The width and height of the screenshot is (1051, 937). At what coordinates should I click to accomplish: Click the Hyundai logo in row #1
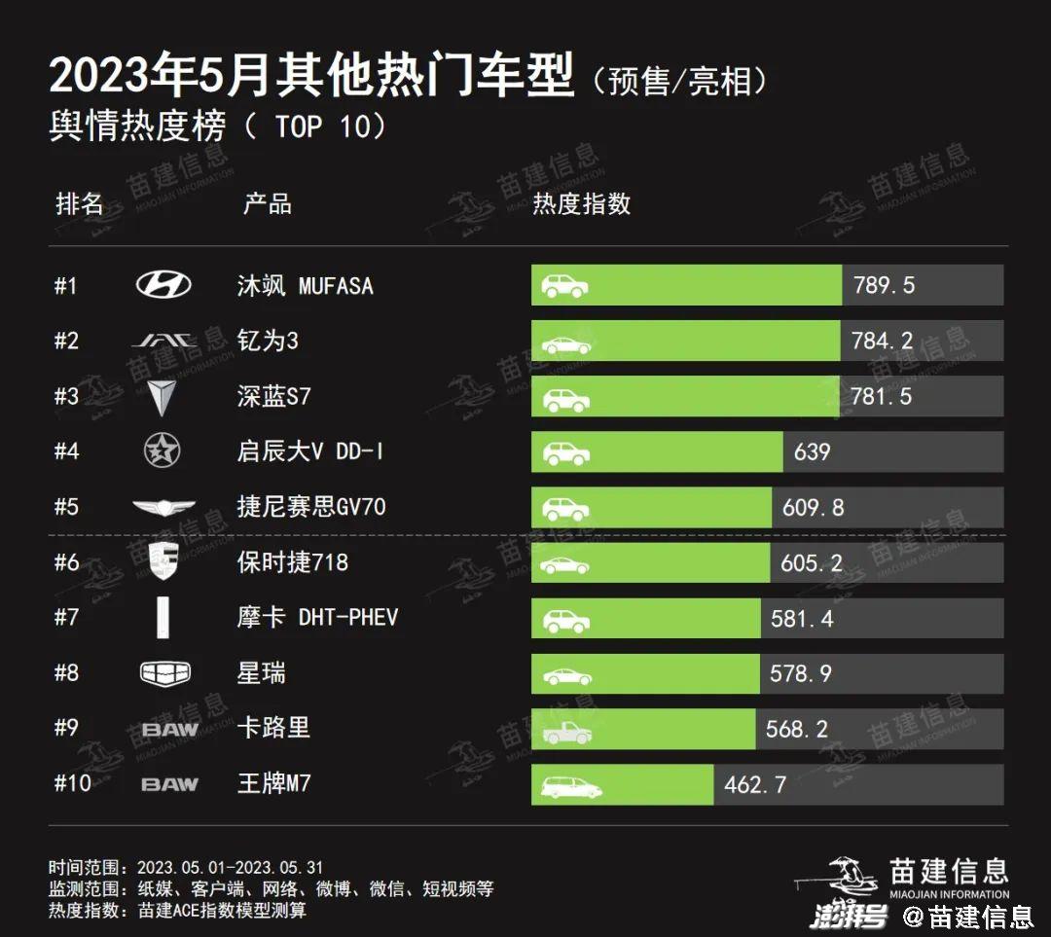pyautogui.click(x=163, y=285)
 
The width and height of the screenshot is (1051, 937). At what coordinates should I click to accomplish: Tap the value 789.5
pyautogui.click(x=884, y=286)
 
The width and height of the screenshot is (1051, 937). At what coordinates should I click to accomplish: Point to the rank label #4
pyautogui.click(x=66, y=451)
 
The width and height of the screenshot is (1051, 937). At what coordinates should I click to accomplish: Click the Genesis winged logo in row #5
pyautogui.click(x=163, y=507)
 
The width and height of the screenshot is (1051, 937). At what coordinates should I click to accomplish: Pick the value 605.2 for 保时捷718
pyautogui.click(x=811, y=562)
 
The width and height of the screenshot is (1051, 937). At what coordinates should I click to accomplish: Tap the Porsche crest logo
pyautogui.click(x=163, y=561)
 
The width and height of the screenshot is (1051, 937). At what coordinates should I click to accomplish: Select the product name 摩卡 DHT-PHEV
pyautogui.click(x=317, y=617)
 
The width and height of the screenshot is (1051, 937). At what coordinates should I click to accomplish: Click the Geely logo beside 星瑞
pyautogui.click(x=165, y=672)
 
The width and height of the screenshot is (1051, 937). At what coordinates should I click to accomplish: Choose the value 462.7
pyautogui.click(x=755, y=783)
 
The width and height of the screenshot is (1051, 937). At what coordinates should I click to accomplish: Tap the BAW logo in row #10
pyautogui.click(x=169, y=783)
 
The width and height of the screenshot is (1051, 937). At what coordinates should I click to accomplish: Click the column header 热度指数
pyautogui.click(x=581, y=203)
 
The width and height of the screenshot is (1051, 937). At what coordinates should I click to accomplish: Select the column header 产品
pyautogui.click(x=267, y=203)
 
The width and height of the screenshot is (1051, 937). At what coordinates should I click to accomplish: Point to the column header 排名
pyautogui.click(x=80, y=203)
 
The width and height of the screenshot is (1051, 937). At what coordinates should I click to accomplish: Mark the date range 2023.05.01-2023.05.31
pyautogui.click(x=230, y=867)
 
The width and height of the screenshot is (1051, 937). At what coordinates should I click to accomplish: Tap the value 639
pyautogui.click(x=812, y=451)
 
